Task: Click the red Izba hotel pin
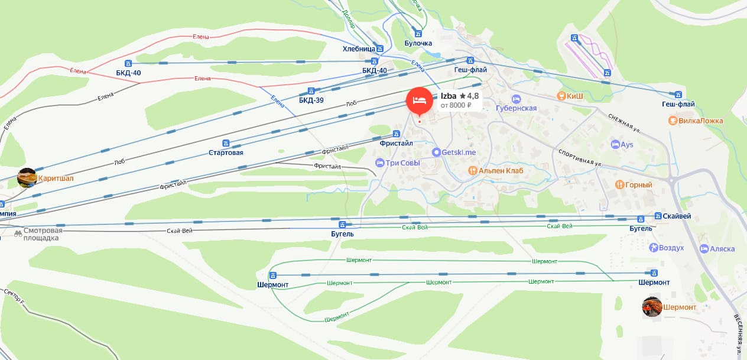(419, 99)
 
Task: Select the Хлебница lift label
(359, 48)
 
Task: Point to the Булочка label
(418, 43)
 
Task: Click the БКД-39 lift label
(311, 100)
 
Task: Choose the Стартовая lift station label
(226, 153)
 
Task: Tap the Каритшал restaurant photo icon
(27, 177)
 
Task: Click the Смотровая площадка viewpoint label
(41, 234)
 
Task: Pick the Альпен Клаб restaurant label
(501, 171)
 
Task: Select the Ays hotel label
(627, 144)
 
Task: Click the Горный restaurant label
(639, 185)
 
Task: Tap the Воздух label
(671, 248)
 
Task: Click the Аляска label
(722, 249)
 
